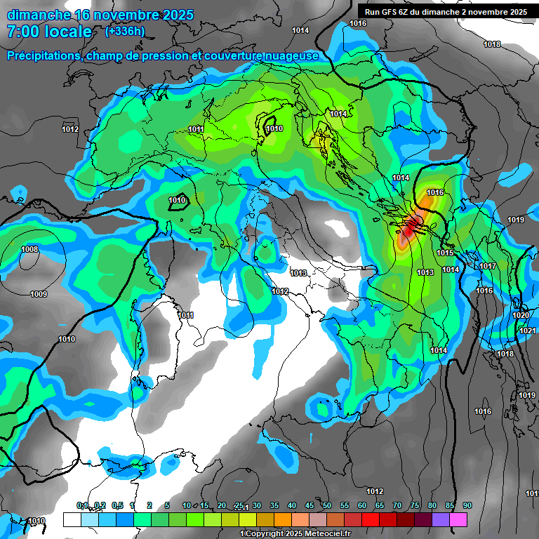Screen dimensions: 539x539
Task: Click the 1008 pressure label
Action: click(x=29, y=250)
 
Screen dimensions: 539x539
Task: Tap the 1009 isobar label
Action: click(x=39, y=294)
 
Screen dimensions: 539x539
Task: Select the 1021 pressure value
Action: click(x=528, y=331)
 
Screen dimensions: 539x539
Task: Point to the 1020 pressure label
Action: click(x=521, y=316)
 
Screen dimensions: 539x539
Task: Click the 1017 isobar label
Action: click(x=488, y=267)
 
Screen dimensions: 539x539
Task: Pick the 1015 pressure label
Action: click(x=445, y=253)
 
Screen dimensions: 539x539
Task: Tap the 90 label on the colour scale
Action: click(x=467, y=505)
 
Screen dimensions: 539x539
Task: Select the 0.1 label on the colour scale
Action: click(x=81, y=505)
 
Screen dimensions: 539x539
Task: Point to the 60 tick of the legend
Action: click(x=362, y=505)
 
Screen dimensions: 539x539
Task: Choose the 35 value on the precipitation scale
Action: click(x=274, y=505)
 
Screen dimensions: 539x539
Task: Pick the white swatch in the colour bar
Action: click(x=72, y=519)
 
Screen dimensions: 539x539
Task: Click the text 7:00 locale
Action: click(x=49, y=32)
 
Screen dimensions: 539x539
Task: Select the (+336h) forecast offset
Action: click(x=124, y=32)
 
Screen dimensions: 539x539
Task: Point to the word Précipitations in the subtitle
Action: click(x=44, y=55)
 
